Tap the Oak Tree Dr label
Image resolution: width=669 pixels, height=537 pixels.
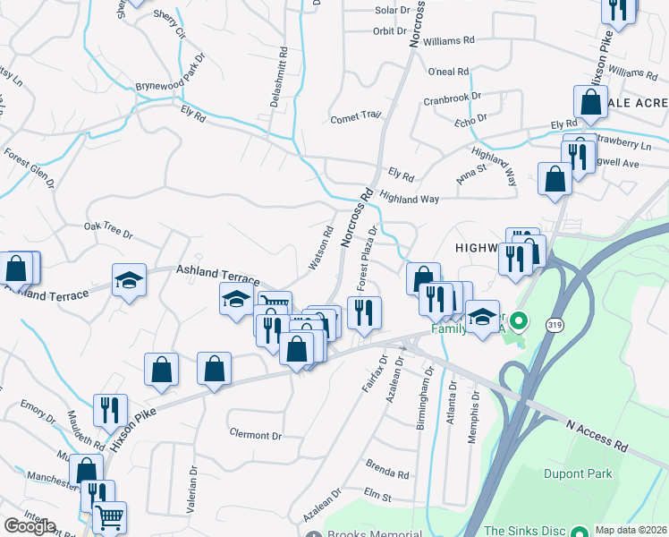[108, 231]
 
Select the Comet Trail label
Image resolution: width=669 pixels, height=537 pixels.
[356, 116]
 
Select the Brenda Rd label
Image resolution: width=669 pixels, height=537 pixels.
[387, 469]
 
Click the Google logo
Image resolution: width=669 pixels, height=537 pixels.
[30, 526]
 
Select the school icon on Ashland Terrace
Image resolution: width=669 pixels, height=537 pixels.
[129, 281]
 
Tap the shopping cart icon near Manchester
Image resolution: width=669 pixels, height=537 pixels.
[109, 517]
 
